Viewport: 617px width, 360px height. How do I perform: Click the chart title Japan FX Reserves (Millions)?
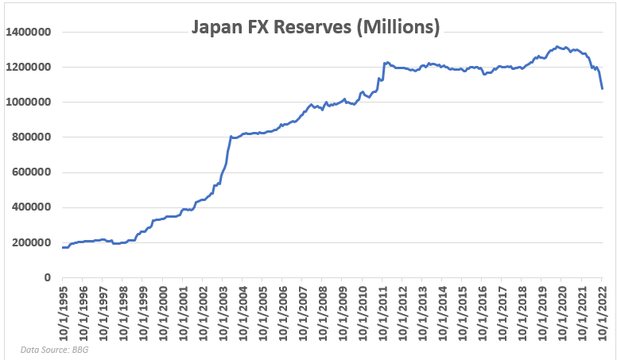(x=315, y=28)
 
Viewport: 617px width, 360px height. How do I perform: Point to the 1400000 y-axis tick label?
(x=29, y=32)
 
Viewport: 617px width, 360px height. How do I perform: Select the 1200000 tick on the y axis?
(x=29, y=67)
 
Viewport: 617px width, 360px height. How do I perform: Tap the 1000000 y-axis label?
(x=29, y=102)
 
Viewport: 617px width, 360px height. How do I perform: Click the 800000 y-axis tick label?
(x=32, y=137)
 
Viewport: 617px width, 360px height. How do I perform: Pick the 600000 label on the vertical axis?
(x=32, y=172)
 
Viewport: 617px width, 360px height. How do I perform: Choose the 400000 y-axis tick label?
(x=32, y=207)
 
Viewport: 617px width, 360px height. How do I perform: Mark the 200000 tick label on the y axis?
(x=32, y=242)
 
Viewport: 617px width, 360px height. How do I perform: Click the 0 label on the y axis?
(x=47, y=277)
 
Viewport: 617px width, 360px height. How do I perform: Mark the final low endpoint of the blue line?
(x=602, y=88)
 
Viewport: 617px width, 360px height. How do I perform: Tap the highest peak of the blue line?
(x=557, y=47)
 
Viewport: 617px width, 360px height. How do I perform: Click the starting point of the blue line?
(x=62, y=247)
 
